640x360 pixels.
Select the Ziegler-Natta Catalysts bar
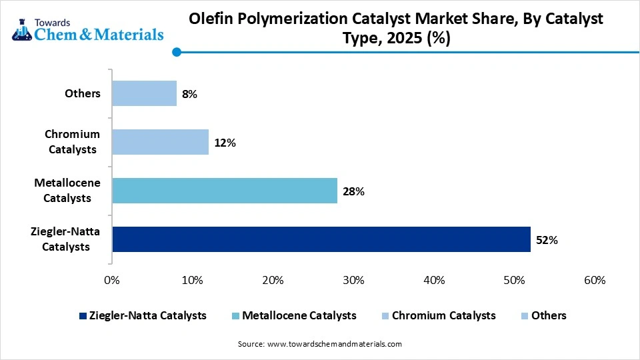point(321,239)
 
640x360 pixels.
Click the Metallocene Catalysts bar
point(224,191)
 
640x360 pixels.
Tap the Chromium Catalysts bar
point(160,142)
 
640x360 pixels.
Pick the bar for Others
point(144,93)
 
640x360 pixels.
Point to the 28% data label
point(353,191)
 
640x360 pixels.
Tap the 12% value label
point(225,143)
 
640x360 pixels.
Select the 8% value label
point(189,94)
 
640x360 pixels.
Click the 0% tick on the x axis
point(112,281)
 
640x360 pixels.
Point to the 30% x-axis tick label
point(353,281)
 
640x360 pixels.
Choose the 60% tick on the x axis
point(594,281)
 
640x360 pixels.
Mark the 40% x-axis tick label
point(434,281)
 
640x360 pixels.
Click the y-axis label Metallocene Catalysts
point(67,190)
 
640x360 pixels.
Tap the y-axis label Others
point(83,93)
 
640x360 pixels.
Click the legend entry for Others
point(549,315)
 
